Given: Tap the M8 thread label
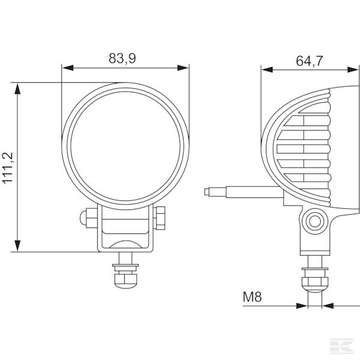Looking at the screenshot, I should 253,296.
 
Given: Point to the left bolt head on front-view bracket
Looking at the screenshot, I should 88,217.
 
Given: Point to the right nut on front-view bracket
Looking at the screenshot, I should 161,217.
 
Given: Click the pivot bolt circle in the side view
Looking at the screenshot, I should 314,221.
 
